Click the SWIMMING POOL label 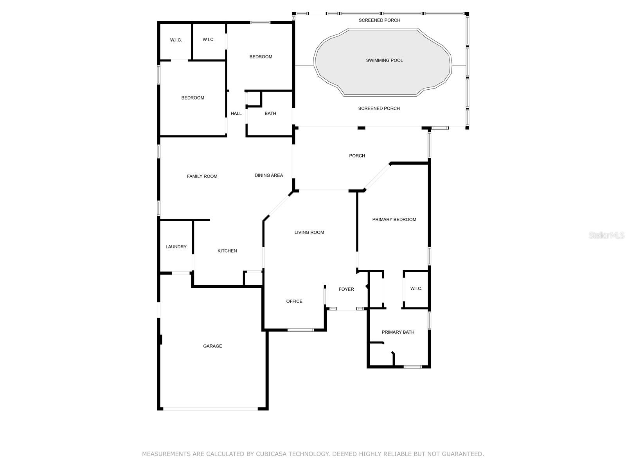tap(384, 60)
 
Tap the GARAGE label tap(212, 346)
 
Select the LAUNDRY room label tap(176, 247)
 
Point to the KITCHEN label tap(227, 251)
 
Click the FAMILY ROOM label tap(202, 176)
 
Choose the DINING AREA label tap(269, 175)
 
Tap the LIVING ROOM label tap(309, 232)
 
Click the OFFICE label tap(294, 301)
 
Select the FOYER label tap(346, 289)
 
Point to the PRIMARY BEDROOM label tap(394, 219)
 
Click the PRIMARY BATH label tap(398, 332)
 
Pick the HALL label tap(236, 113)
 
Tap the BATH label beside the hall tap(270, 113)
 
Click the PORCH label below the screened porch tap(357, 155)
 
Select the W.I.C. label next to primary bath tap(416, 288)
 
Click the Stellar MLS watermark tap(606, 235)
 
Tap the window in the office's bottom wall tap(300, 330)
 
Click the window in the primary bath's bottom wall tap(413, 367)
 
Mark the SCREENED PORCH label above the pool tap(379, 20)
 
